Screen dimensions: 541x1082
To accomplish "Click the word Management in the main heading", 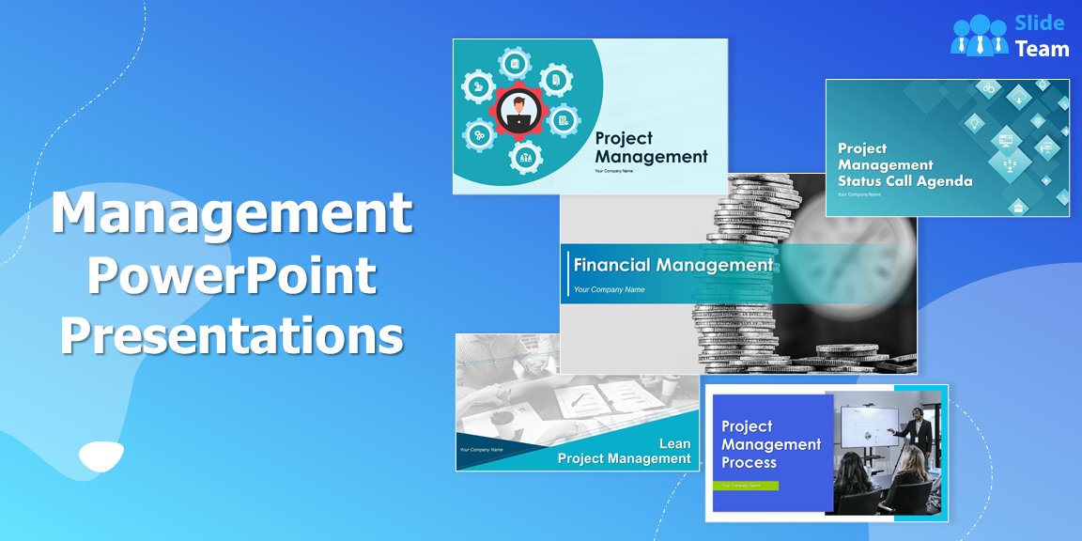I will click(231, 214).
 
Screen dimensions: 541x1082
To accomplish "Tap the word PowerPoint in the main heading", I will click(231, 276).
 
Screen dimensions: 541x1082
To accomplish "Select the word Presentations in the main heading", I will click(231, 336).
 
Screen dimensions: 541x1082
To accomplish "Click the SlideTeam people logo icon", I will click(979, 37).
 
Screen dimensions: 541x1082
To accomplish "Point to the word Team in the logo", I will click(1042, 49).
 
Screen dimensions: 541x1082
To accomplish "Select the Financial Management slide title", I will click(672, 265).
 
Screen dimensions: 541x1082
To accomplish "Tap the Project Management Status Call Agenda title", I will click(904, 164).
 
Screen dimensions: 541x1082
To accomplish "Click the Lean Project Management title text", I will click(624, 451).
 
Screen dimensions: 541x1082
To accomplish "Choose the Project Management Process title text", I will click(771, 444).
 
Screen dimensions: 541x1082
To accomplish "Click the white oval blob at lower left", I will click(101, 456).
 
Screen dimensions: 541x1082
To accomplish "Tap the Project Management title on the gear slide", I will click(651, 147).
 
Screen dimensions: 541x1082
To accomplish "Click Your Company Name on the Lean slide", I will click(481, 450).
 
